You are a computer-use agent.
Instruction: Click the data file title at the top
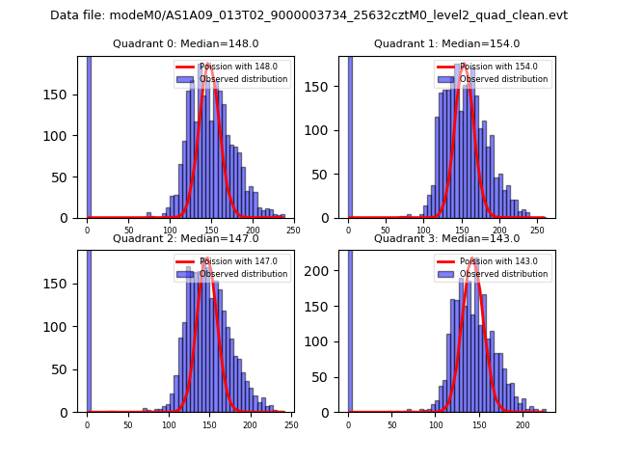[x=308, y=15]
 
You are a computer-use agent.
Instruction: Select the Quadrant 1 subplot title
[x=446, y=43]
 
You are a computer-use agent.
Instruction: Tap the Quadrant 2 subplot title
[x=186, y=238]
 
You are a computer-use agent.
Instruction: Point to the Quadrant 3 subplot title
[x=446, y=238]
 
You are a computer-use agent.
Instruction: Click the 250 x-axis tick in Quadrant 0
[x=292, y=231]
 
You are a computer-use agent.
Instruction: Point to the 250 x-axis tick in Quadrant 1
[x=537, y=231]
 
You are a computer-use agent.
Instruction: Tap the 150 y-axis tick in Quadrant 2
[x=65, y=284]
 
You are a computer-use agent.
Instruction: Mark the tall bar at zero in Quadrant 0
[x=88, y=135]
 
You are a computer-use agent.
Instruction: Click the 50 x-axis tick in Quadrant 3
[x=392, y=424]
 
